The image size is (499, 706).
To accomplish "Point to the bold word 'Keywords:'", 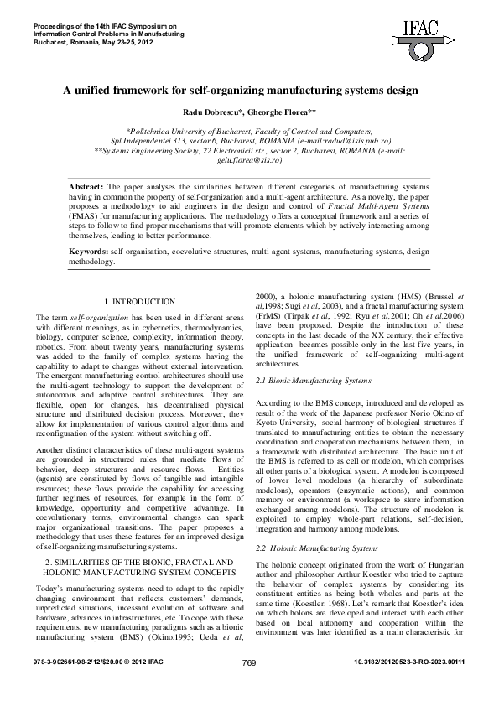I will tap(88, 251).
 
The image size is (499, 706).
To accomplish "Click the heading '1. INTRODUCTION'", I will tap(139, 301).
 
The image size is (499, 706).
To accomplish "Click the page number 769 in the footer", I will tap(248, 687).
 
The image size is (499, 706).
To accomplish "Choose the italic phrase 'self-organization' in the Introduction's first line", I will tap(85, 318).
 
